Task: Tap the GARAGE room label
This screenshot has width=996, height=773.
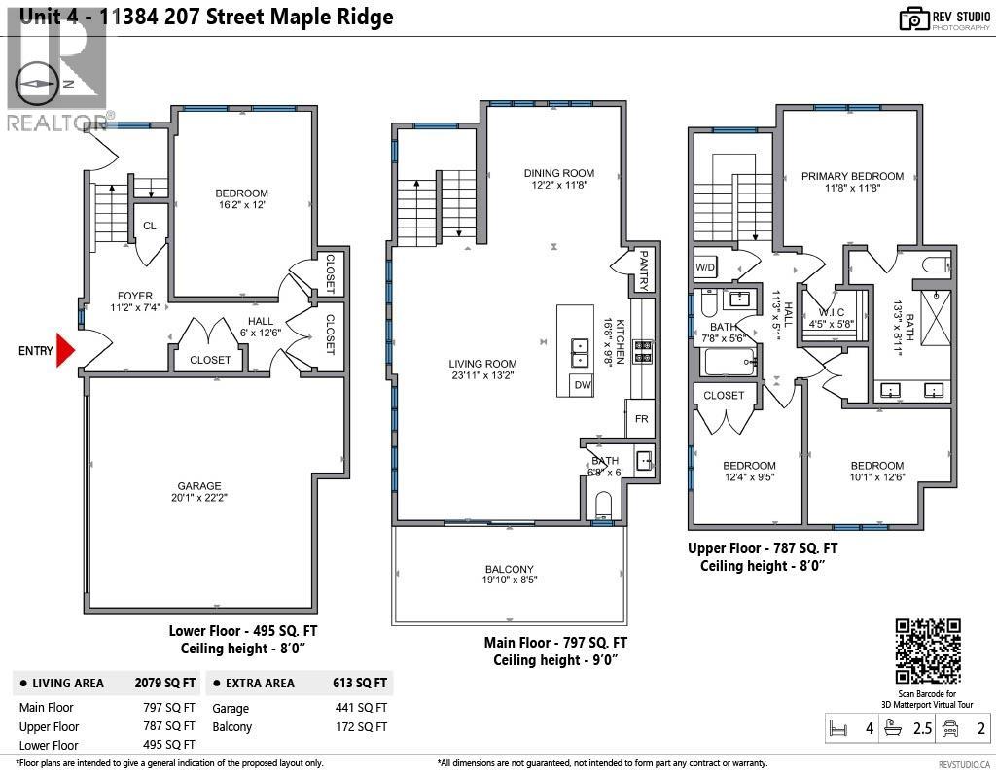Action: (x=198, y=486)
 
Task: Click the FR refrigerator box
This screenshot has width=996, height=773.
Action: (x=641, y=419)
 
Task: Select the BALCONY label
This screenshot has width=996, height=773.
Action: (x=510, y=570)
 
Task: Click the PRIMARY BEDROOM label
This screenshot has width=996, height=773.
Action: (x=852, y=176)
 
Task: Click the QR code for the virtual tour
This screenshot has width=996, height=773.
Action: (x=927, y=650)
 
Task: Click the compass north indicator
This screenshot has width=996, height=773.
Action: (x=41, y=84)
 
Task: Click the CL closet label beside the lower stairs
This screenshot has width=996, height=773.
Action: (x=149, y=226)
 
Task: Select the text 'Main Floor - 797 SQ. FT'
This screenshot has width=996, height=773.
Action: (x=555, y=643)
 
